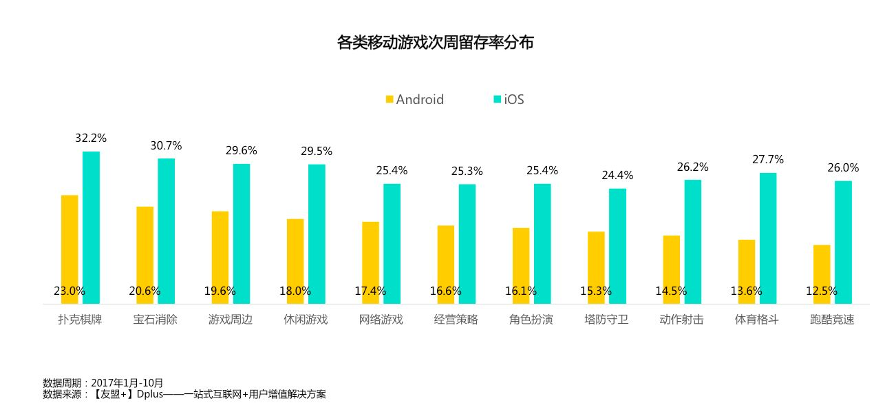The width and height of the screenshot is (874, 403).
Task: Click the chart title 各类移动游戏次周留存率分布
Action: (x=435, y=43)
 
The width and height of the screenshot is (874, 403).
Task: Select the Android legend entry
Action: (x=414, y=99)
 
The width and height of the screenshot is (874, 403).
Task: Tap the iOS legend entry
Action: (x=509, y=99)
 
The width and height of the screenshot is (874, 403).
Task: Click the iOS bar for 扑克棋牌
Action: (x=91, y=227)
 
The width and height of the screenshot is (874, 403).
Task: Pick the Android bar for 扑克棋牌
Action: (x=70, y=248)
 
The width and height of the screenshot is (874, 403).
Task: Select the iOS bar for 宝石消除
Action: (x=166, y=231)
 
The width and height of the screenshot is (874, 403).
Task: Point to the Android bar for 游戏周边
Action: (x=220, y=256)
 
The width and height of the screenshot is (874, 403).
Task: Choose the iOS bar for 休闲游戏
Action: (x=317, y=234)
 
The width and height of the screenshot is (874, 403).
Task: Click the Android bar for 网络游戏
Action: (x=370, y=262)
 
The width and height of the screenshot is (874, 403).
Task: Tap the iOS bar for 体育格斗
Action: (x=768, y=238)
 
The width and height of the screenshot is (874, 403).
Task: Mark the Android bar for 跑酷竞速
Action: (x=822, y=273)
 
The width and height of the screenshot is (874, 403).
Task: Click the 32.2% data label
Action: (x=91, y=138)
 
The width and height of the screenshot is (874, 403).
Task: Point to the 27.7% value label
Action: (x=768, y=160)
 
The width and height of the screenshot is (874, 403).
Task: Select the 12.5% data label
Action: (x=822, y=291)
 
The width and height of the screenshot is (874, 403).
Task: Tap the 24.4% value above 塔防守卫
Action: (x=617, y=176)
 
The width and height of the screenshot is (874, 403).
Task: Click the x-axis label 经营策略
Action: (x=456, y=320)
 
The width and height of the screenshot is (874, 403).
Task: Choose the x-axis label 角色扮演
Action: (x=531, y=320)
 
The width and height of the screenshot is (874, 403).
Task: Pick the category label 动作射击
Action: (x=681, y=320)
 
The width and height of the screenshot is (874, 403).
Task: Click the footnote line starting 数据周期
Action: (x=103, y=383)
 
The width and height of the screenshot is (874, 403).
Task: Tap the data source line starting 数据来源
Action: (x=184, y=395)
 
